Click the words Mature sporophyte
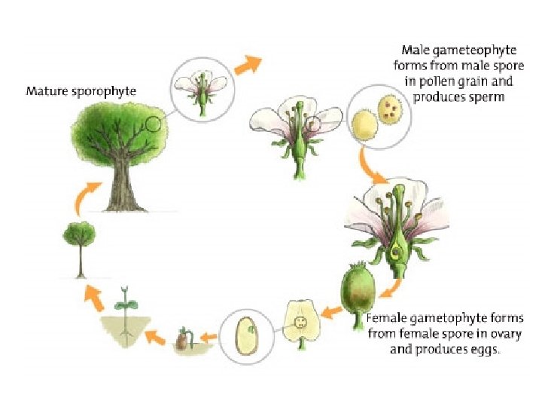81,92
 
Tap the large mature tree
120,151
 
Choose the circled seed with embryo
246,335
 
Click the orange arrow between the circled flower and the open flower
247,65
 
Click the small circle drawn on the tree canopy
153,124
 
